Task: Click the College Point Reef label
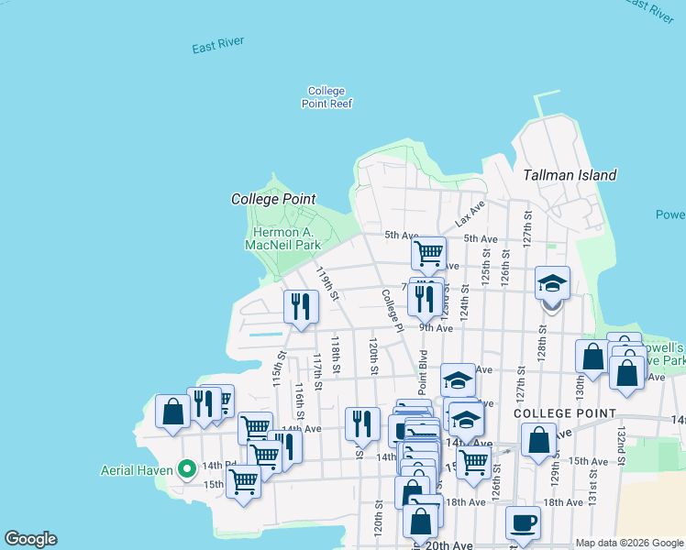[326, 97]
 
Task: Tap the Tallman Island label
[570, 175]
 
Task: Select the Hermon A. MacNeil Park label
[283, 238]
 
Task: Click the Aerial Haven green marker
[186, 469]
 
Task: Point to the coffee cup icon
[523, 523]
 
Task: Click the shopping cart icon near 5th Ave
[428, 253]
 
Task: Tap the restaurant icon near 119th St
[300, 306]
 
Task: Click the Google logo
[30, 539]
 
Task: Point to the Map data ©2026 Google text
[628, 543]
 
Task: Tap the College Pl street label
[393, 311]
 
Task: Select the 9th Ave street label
[436, 328]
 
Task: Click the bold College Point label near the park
[273, 199]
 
